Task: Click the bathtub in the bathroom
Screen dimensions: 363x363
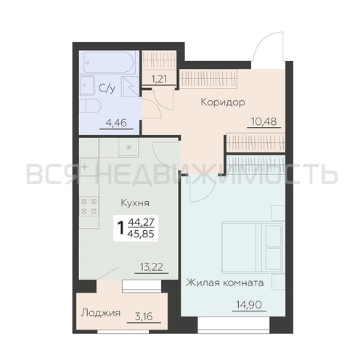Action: click(x=109, y=62)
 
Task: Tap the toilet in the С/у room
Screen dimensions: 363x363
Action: click(x=89, y=107)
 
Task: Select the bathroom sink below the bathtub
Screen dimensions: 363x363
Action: click(x=86, y=86)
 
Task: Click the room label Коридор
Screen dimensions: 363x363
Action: click(x=223, y=102)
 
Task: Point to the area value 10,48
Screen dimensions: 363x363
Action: click(x=264, y=121)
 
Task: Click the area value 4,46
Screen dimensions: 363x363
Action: click(x=116, y=123)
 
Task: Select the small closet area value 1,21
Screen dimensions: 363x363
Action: click(x=159, y=78)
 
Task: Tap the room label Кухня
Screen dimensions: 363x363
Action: click(x=135, y=203)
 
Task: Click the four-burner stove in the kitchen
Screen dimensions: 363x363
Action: click(x=89, y=206)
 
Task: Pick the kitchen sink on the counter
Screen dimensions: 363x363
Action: click(x=89, y=167)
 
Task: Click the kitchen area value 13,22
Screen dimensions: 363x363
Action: click(x=152, y=267)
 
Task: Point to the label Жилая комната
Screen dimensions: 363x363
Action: click(x=225, y=282)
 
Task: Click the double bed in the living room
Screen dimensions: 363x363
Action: click(x=253, y=248)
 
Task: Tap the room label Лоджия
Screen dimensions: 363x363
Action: click(x=101, y=313)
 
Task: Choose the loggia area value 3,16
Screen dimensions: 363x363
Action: click(x=144, y=317)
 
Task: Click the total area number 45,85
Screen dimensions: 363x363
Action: click(x=141, y=234)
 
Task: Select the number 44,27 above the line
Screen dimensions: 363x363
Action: click(x=141, y=222)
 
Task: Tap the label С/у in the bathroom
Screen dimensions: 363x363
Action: click(x=107, y=89)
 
